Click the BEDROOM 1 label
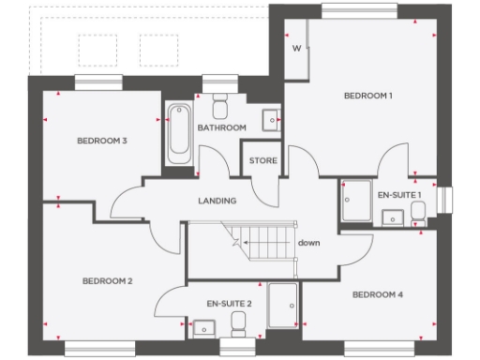tap(367, 96)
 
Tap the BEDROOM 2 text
tap(106, 280)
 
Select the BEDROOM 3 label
tap(102, 141)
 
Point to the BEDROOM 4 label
tap(378, 294)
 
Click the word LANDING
tap(217, 201)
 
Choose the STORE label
tap(263, 161)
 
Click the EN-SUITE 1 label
tap(399, 194)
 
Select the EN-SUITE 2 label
tap(230, 304)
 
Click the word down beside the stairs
tap(309, 243)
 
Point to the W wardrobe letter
tap(296, 48)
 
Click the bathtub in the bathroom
tap(177, 134)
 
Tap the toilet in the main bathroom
tap(221, 102)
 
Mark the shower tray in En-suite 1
tap(356, 201)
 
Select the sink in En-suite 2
tap(202, 327)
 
